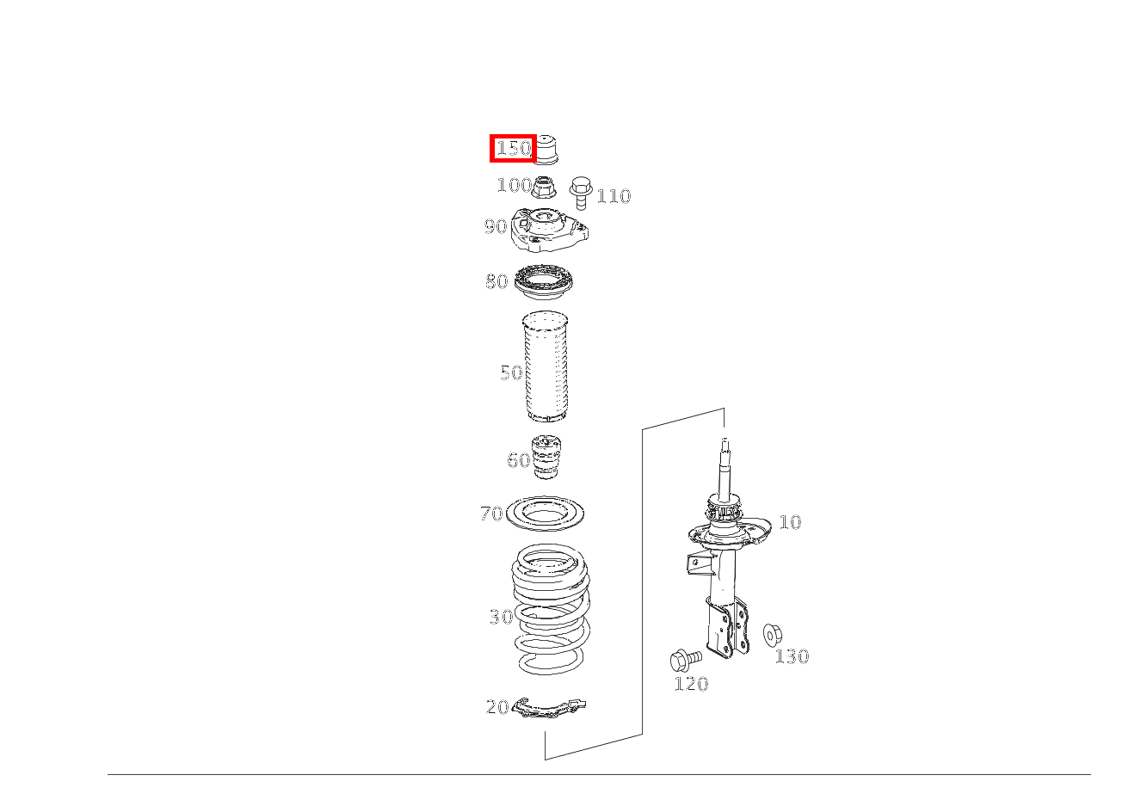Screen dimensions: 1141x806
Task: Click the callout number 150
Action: point(514,148)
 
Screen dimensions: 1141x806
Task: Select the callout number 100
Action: point(514,185)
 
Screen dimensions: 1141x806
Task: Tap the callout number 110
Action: point(614,196)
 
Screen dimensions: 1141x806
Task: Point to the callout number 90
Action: point(496,226)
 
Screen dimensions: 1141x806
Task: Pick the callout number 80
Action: point(496,281)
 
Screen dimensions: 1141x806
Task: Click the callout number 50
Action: point(511,372)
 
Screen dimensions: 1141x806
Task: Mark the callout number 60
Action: point(519,460)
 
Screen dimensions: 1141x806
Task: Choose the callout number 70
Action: point(491,514)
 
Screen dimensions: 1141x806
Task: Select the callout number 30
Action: point(501,617)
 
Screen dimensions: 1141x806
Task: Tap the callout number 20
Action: point(497,707)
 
